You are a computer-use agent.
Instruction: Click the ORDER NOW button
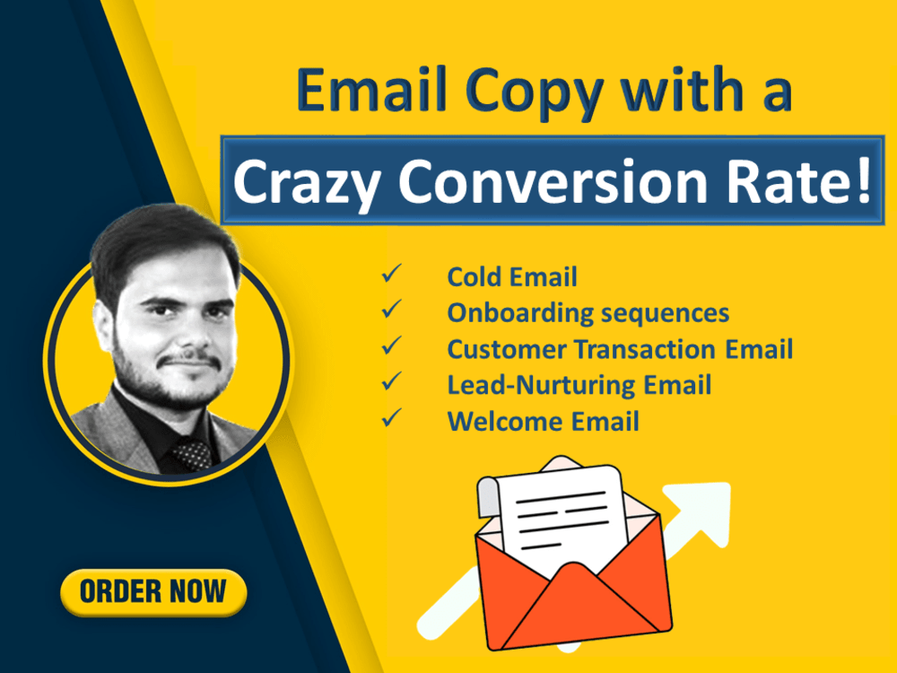point(153,592)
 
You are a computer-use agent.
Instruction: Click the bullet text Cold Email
point(512,277)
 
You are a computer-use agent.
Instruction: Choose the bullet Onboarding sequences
point(588,313)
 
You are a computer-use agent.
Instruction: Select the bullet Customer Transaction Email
point(620,349)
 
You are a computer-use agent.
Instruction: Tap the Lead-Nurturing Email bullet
point(579,385)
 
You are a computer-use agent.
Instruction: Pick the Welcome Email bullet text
point(543,421)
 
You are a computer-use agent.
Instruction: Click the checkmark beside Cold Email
point(391,275)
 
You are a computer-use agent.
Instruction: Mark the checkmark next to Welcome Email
point(391,418)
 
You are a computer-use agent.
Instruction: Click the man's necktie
point(193,453)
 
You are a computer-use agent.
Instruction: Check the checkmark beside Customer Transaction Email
point(391,346)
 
